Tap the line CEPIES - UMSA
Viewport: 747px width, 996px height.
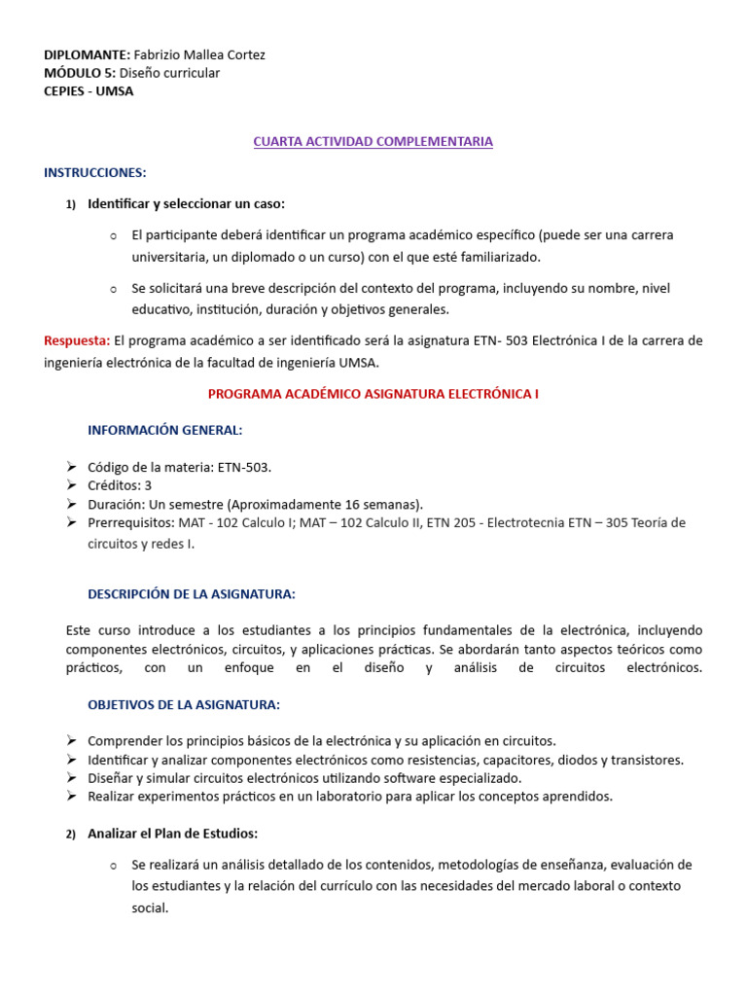coord(89,91)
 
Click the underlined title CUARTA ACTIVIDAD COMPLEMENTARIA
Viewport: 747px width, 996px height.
coord(373,142)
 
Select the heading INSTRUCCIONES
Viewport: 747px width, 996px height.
coord(94,173)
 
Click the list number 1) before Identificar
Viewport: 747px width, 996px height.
coord(70,204)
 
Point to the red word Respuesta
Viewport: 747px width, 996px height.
coord(76,341)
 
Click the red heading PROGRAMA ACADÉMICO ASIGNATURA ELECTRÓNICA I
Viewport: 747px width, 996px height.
coord(373,394)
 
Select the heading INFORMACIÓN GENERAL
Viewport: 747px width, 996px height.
coord(164,430)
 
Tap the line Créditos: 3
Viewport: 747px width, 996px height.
coord(119,485)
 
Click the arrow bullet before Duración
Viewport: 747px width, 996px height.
coord(72,504)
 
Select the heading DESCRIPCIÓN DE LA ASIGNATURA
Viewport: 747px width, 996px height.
coord(191,593)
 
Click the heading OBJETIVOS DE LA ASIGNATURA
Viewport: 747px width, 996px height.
coord(183,704)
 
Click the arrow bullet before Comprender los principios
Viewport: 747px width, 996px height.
coord(72,741)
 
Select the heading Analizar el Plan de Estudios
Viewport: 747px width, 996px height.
coord(172,834)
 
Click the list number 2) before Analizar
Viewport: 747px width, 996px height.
coord(70,835)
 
